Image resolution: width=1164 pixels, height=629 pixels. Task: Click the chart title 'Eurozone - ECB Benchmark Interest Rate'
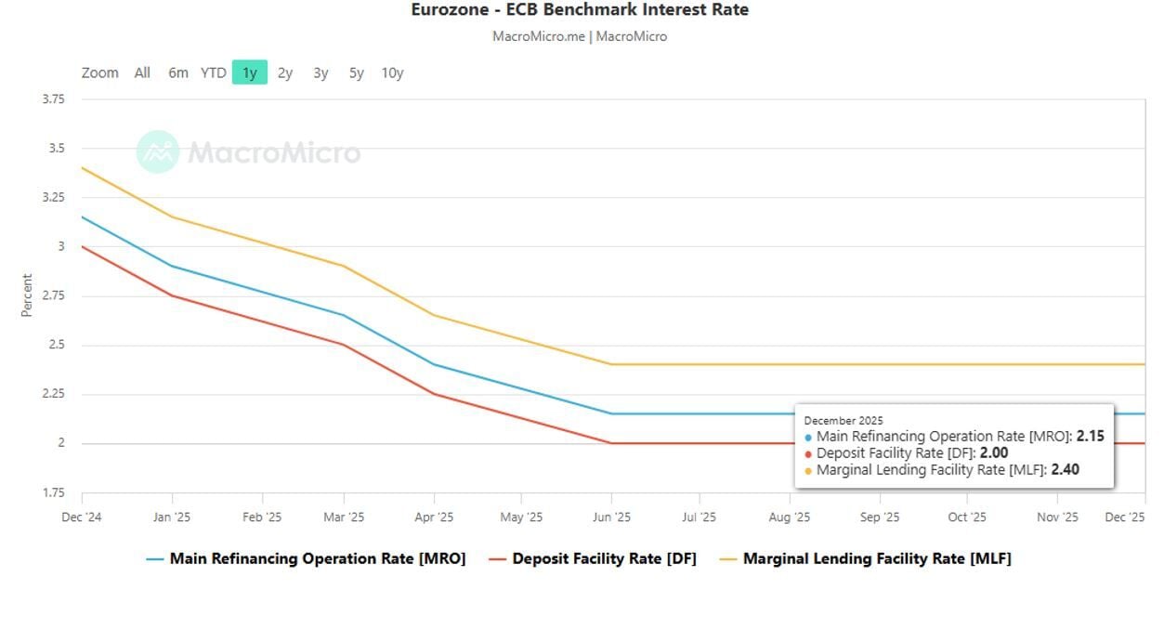coord(580,10)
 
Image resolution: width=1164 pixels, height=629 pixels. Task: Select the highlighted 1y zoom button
coord(249,72)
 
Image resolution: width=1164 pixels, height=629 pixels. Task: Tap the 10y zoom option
coord(392,72)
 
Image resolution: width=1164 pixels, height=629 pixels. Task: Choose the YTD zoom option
coord(214,72)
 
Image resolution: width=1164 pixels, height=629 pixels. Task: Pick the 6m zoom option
coord(178,72)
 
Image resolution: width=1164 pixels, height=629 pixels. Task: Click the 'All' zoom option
coord(142,72)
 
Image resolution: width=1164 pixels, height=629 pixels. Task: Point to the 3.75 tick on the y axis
coord(54,99)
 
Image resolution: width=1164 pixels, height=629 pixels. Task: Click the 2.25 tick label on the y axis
coord(54,394)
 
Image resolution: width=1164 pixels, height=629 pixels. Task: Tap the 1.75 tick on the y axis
coord(54,492)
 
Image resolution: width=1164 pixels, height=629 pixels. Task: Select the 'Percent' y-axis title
coord(27,295)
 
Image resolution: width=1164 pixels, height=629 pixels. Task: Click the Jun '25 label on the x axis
coord(611,518)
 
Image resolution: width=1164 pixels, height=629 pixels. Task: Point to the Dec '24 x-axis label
coord(82,518)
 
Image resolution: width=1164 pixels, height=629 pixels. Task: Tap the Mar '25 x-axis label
coord(344,518)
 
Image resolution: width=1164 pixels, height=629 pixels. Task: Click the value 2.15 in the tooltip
coord(1090,436)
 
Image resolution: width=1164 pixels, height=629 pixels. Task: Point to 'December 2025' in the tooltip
coord(844,421)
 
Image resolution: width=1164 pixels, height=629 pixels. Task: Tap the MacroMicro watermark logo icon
coord(158,151)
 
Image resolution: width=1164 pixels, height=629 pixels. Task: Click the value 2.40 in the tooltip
coord(1065,470)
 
